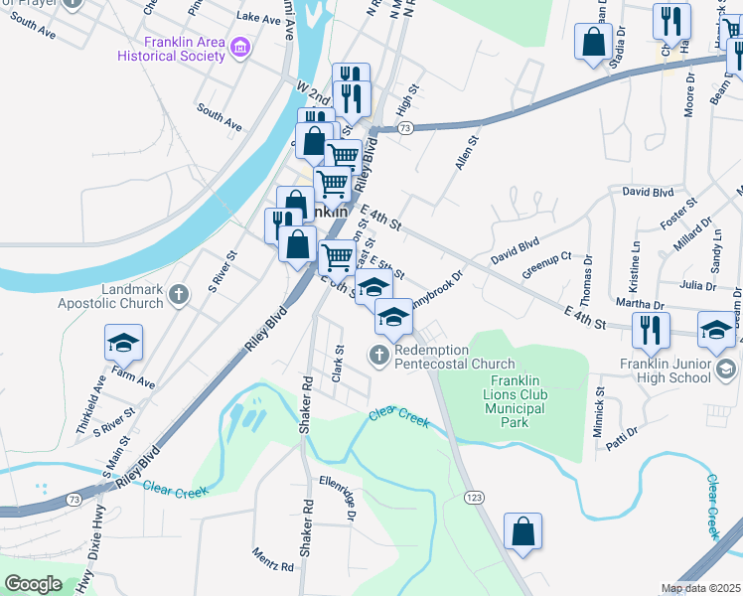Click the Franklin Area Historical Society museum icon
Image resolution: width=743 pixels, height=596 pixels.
(238, 48)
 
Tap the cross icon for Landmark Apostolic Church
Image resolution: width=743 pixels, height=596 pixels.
(179, 294)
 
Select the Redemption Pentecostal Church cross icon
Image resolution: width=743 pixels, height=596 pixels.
(378, 354)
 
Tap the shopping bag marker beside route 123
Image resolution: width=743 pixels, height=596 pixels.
(522, 531)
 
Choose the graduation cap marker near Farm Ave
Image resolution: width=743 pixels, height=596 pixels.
(124, 344)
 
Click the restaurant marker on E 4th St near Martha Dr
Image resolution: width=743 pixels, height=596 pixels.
(651, 330)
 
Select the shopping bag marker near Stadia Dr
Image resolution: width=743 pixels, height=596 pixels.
(593, 43)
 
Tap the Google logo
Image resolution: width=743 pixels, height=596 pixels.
(33, 584)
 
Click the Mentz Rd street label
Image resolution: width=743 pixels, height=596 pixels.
(272, 559)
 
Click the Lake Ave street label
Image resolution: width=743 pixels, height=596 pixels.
(259, 18)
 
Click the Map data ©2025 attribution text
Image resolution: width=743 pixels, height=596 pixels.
(700, 588)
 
